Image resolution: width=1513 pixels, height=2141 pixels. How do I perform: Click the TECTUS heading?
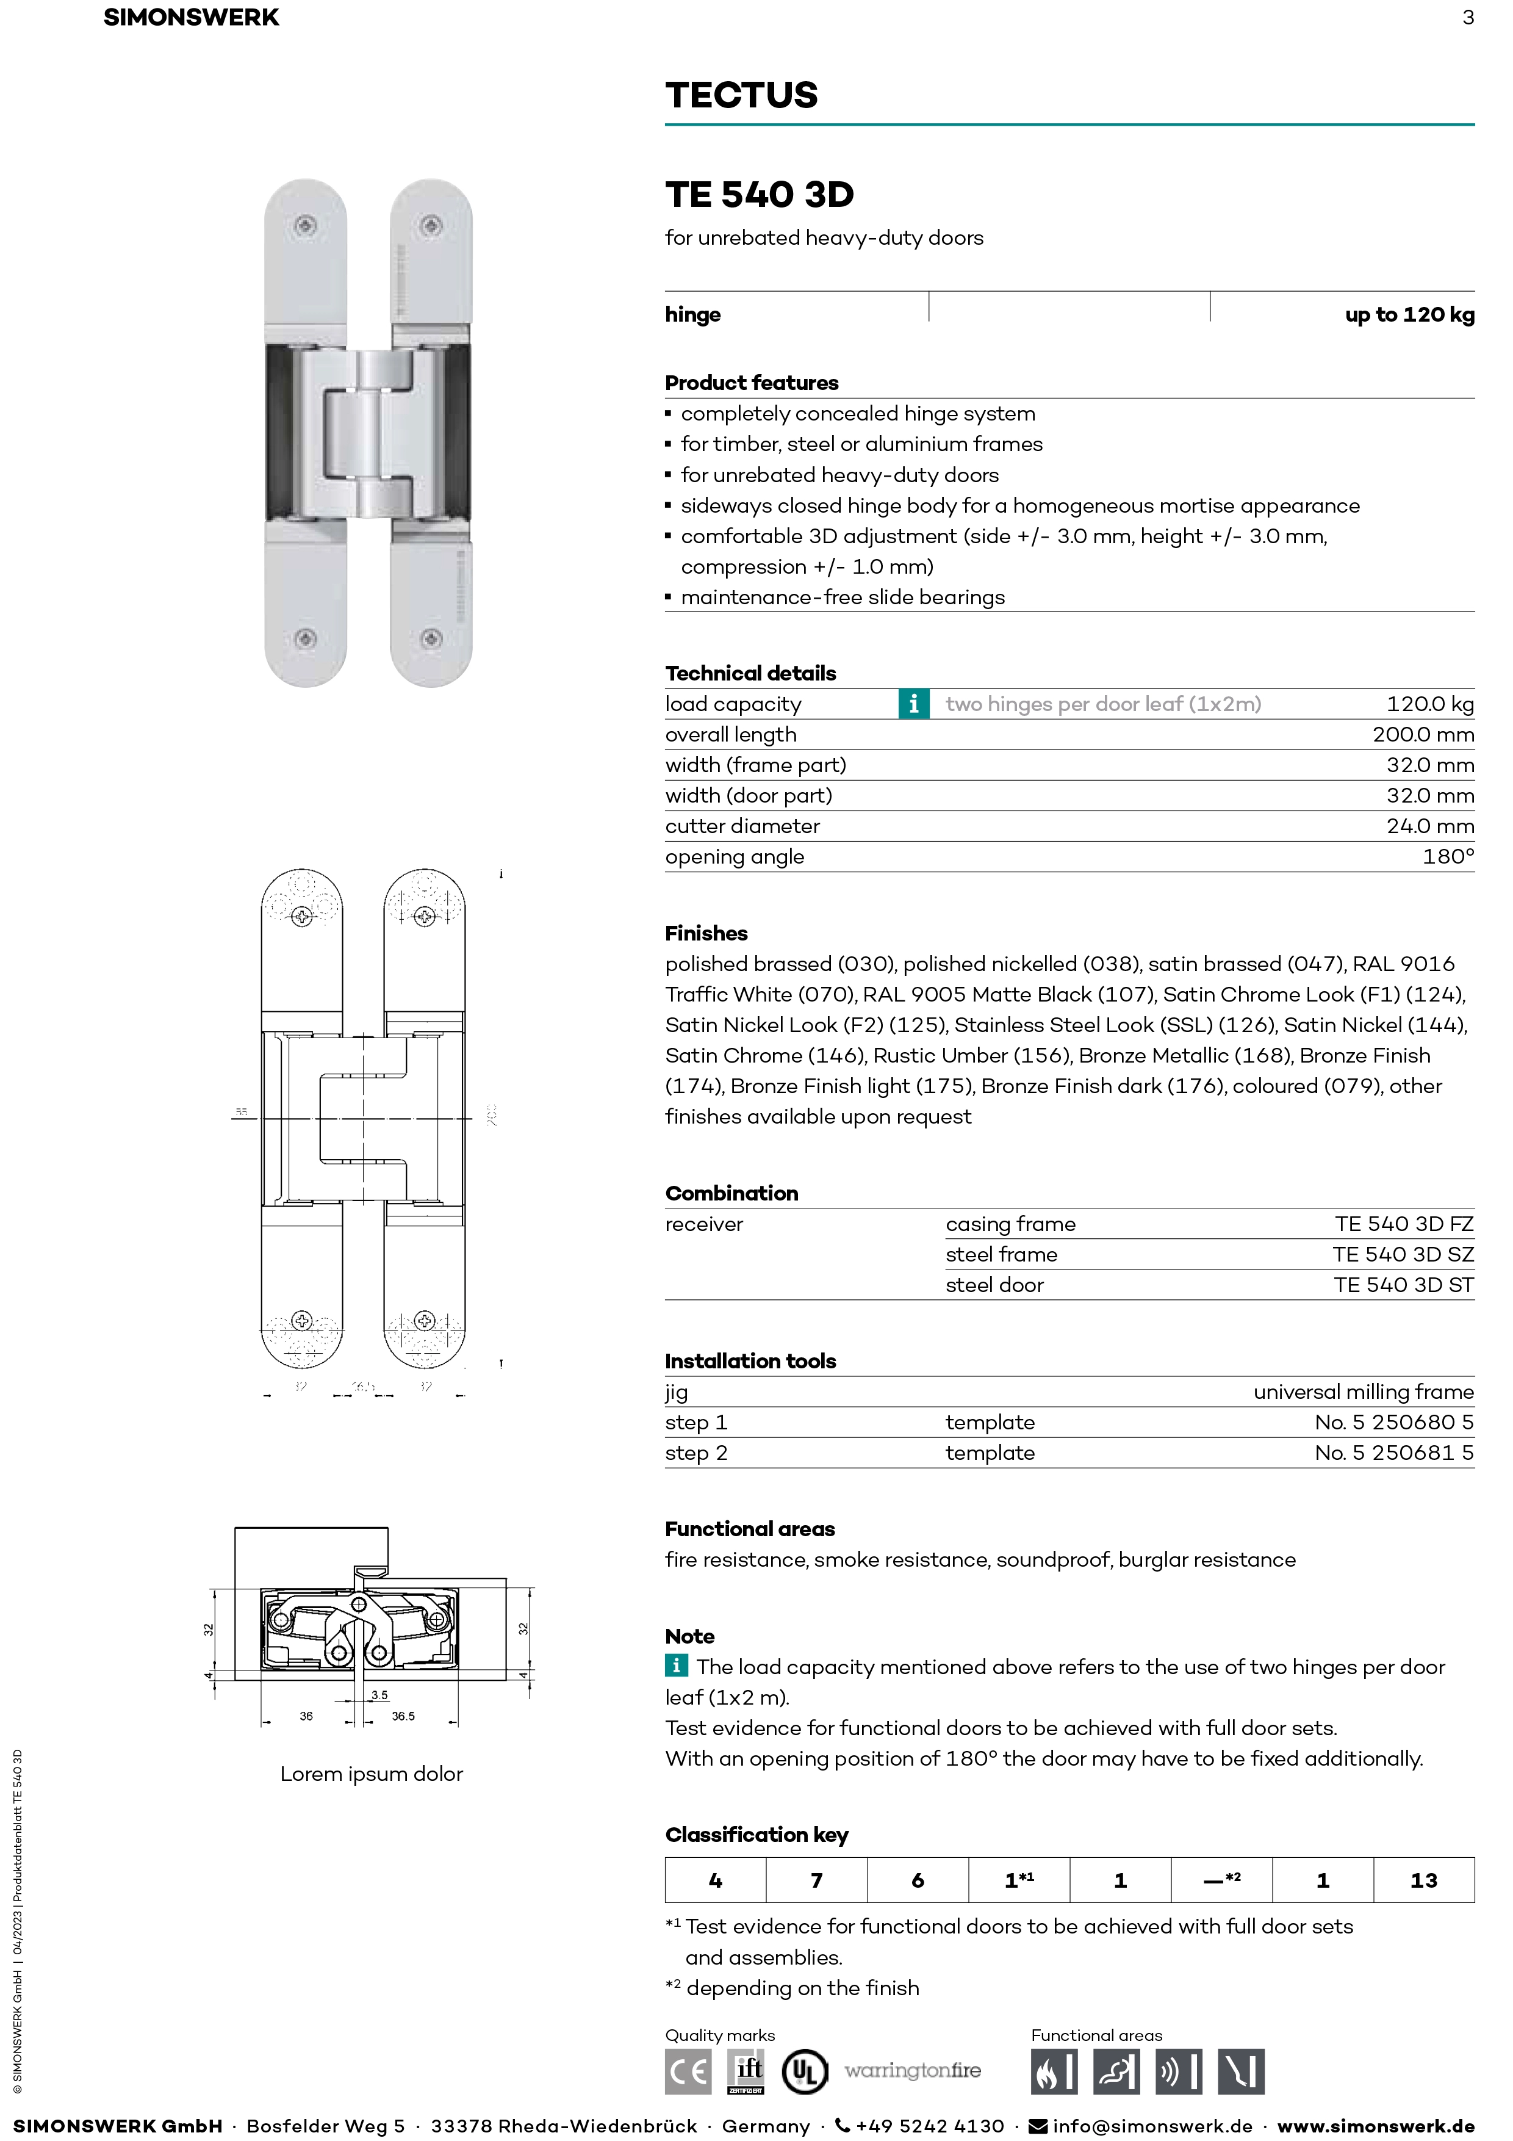[741, 95]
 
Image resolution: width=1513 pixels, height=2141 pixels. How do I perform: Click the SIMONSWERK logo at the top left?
[191, 18]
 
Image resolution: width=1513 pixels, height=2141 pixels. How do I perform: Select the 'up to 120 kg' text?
[1409, 315]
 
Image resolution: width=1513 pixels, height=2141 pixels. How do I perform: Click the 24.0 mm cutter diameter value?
[1429, 826]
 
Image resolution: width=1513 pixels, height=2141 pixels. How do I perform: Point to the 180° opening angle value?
[1448, 857]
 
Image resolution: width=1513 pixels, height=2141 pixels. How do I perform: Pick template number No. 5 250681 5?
[1393, 1453]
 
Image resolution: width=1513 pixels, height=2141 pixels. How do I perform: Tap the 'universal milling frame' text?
[1363, 1392]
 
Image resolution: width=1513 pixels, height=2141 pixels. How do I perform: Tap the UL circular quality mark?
[803, 2072]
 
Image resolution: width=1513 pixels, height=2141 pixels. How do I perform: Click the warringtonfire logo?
[913, 2071]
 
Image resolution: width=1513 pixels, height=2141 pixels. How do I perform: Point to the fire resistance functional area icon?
[1054, 2072]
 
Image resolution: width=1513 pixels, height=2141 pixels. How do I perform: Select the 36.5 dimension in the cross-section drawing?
[403, 1716]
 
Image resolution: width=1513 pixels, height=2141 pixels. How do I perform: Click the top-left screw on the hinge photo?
[305, 226]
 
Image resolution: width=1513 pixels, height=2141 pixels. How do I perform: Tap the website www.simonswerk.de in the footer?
[1375, 2126]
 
